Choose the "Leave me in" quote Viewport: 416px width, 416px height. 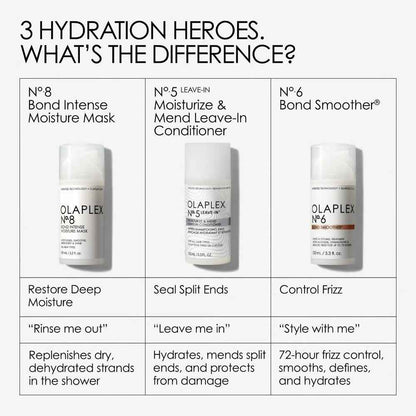(189, 333)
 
